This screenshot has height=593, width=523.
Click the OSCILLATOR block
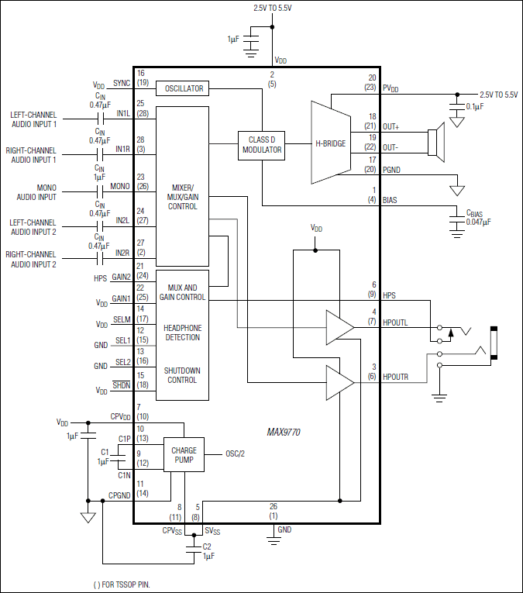(183, 88)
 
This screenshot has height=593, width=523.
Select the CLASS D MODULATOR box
(261, 144)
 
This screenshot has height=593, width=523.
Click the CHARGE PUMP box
(184, 455)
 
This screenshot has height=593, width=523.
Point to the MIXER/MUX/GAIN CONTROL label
(183, 197)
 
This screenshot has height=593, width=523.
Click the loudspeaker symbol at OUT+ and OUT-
(438, 142)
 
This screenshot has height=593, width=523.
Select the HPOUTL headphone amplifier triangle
(339, 327)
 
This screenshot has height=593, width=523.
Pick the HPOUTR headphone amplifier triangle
(339, 381)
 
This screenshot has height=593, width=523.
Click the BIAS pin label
(390, 199)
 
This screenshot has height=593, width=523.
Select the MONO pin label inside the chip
(120, 186)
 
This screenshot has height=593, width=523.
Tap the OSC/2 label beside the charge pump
(236, 453)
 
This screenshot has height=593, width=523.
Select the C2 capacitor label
(207, 546)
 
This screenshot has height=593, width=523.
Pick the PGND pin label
(392, 170)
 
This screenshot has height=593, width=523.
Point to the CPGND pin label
(119, 494)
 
